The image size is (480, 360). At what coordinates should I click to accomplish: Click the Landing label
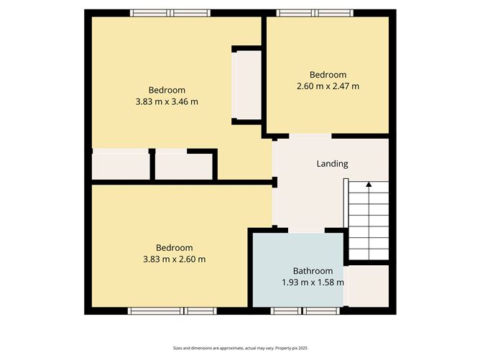pyautogui.click(x=332, y=164)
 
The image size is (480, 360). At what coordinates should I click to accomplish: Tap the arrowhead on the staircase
pyautogui.click(x=369, y=184)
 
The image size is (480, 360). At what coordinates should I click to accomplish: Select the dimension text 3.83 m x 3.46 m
pyautogui.click(x=167, y=101)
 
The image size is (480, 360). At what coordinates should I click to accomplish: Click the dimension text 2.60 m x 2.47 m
pyautogui.click(x=328, y=86)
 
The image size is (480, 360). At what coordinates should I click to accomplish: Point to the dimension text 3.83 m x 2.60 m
pyautogui.click(x=174, y=259)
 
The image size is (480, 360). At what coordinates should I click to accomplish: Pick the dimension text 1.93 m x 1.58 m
pyautogui.click(x=313, y=282)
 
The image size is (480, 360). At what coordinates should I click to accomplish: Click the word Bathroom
pyautogui.click(x=313, y=271)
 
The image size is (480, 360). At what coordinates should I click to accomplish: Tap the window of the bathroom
pyautogui.click(x=305, y=311)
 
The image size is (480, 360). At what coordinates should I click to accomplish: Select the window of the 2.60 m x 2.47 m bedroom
pyautogui.click(x=315, y=13)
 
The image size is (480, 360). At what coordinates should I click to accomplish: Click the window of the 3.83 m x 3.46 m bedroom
pyautogui.click(x=170, y=13)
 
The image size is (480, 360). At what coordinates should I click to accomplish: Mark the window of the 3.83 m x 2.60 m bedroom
pyautogui.click(x=172, y=311)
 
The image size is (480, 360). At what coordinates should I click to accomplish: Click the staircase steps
pyautogui.click(x=369, y=221)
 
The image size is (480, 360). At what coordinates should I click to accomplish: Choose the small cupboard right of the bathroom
pyautogui.click(x=369, y=286)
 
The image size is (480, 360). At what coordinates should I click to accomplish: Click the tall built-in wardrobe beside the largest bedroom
pyautogui.click(x=246, y=86)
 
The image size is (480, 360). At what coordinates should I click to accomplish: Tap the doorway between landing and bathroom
pyautogui.click(x=306, y=230)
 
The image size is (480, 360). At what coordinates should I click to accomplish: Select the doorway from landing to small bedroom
pyautogui.click(x=310, y=137)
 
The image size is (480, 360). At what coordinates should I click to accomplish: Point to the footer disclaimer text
pyautogui.click(x=240, y=348)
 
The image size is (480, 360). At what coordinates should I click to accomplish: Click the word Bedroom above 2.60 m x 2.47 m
pyautogui.click(x=328, y=75)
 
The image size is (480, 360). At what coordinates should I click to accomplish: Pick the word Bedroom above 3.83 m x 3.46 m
pyautogui.click(x=167, y=91)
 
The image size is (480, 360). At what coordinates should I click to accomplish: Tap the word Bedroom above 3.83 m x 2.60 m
pyautogui.click(x=174, y=248)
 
